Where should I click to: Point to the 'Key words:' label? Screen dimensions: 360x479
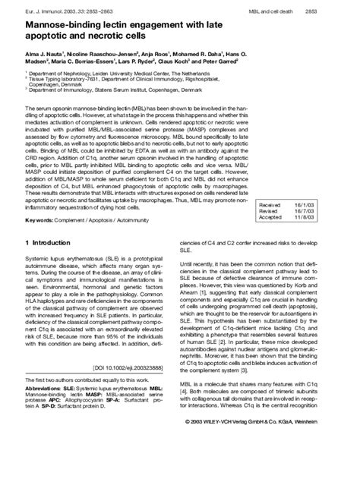pyautogui.click(x=40, y=220)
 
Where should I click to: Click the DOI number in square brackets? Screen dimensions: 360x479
pyautogui.click(x=134, y=387)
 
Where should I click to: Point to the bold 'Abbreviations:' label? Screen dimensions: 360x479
pyautogui.click(x=43, y=409)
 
